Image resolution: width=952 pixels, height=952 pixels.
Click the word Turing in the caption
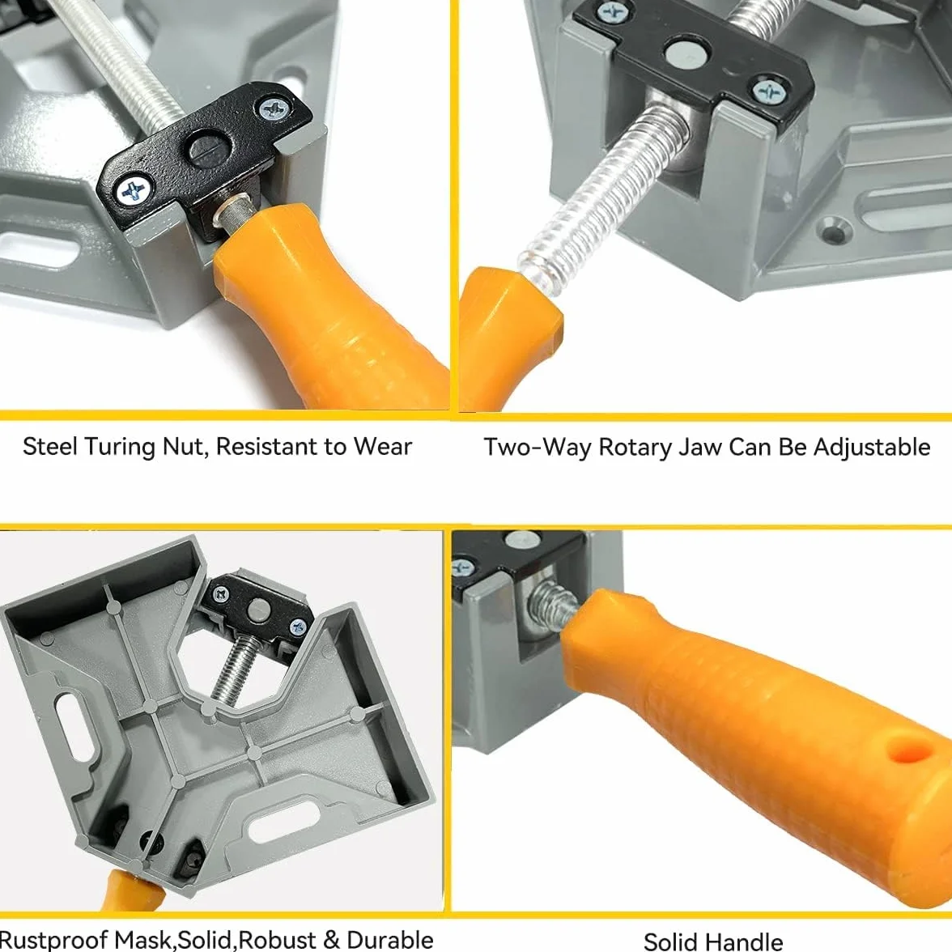120,448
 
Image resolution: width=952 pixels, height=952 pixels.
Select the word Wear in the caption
382,446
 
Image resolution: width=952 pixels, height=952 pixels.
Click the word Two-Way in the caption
537,448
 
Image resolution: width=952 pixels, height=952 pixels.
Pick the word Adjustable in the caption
871,448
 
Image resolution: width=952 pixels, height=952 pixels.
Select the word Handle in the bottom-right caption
743,941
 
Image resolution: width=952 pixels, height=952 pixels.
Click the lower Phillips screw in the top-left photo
133,190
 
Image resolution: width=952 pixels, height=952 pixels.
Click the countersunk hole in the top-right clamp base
836,231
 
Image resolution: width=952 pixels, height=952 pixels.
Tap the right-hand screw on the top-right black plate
769,92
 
